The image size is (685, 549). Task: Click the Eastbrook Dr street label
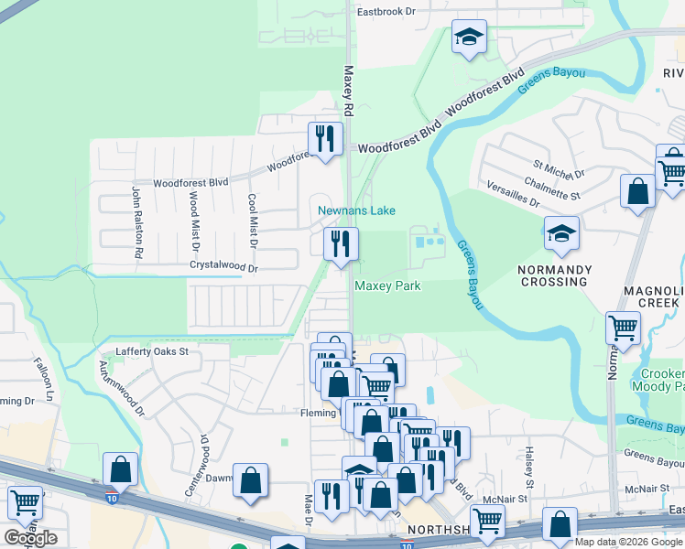[386, 12]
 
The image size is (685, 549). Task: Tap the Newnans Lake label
[356, 210]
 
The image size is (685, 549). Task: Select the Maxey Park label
[387, 285]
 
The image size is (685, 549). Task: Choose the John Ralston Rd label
[137, 221]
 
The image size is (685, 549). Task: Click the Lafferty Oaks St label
[151, 351]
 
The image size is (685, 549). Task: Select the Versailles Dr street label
[509, 200]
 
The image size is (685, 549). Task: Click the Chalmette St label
[575, 195]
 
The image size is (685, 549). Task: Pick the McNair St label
[506, 499]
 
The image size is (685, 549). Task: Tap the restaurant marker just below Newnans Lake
[341, 244]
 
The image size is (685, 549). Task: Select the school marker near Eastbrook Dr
[469, 38]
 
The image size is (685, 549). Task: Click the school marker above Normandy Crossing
[561, 234]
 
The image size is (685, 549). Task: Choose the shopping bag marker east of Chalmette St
[638, 191]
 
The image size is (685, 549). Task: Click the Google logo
[30, 538]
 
